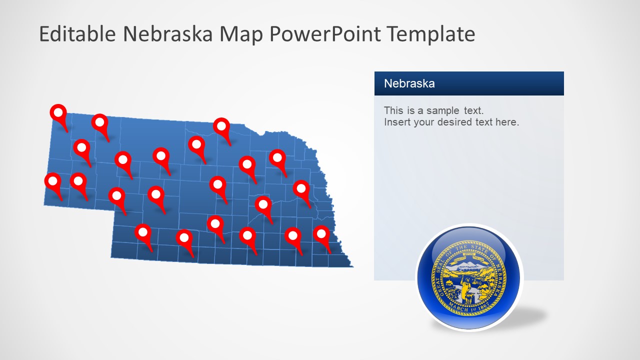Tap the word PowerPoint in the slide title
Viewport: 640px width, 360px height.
[325, 34]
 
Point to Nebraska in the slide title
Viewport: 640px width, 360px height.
[167, 34]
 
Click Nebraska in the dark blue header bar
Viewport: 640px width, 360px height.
[409, 83]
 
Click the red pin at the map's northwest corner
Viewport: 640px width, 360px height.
[58, 112]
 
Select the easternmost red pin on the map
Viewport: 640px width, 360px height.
[321, 234]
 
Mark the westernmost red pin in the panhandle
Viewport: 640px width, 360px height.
[52, 181]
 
